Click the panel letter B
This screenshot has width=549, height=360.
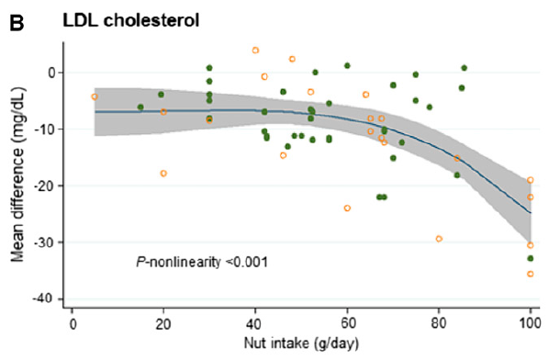click(x=12, y=17)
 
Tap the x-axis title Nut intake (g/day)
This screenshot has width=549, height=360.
click(x=299, y=348)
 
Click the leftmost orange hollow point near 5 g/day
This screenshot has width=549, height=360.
click(x=95, y=96)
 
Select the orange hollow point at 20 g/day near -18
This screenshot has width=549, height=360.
click(x=163, y=174)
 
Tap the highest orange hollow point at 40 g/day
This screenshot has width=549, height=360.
click(x=255, y=50)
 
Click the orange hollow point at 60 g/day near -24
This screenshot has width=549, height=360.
click(x=347, y=208)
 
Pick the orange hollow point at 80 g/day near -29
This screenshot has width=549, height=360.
click(x=439, y=239)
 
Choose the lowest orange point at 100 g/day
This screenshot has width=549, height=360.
click(x=531, y=275)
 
